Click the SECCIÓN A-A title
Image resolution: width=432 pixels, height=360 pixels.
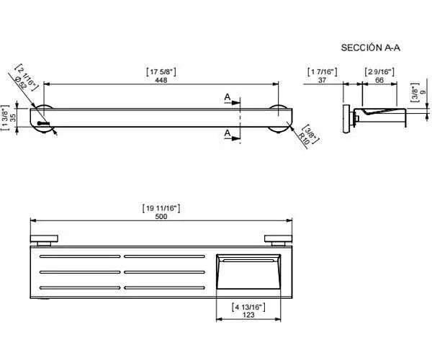371,48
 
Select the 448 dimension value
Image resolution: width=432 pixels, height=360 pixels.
161,80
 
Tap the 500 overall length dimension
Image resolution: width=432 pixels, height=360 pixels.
161,217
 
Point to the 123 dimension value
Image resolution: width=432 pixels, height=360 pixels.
248,315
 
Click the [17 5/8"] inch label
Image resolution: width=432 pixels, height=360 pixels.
161,72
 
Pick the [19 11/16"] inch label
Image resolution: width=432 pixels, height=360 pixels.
161,208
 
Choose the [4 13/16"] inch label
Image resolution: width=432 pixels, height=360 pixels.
248,307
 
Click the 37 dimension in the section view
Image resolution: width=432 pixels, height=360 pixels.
322,80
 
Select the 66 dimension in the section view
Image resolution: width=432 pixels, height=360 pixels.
379,80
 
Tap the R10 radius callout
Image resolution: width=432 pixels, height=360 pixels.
304,139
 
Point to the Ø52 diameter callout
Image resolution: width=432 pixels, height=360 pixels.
21,82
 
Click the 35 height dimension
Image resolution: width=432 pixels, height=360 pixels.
13,117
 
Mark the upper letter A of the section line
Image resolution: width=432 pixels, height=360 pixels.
228,96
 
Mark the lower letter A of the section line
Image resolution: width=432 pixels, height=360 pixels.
228,133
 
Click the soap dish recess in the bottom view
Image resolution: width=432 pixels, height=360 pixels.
248,271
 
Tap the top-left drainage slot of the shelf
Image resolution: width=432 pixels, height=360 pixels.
80,256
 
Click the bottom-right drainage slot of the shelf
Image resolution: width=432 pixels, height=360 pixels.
164,288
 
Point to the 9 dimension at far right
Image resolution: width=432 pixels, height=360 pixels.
423,92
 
